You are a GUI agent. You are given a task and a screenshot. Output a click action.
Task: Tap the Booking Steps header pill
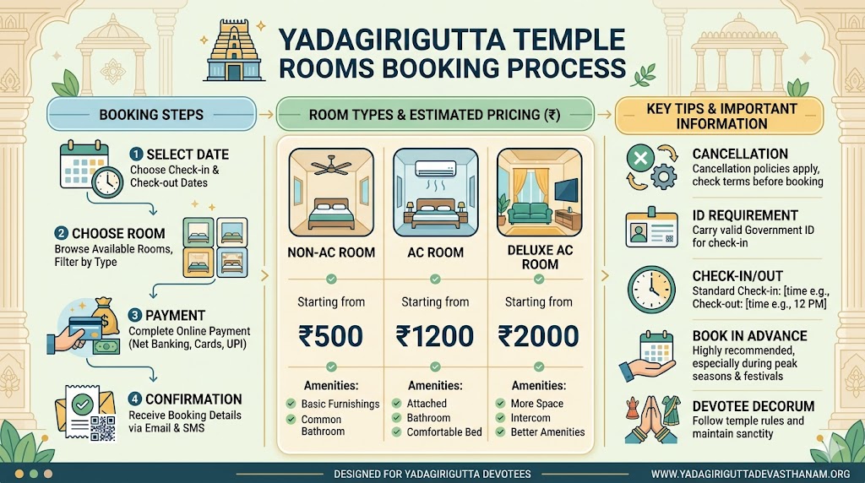coord(151,114)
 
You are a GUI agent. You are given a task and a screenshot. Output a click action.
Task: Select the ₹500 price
coord(331,335)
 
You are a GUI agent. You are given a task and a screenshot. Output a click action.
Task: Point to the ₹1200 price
coord(434,335)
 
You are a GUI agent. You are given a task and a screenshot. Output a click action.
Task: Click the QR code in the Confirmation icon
coord(102,429)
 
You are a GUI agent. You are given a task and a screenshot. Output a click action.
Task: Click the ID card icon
coord(651,229)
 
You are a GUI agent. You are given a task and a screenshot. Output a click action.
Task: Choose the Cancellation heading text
coord(739,154)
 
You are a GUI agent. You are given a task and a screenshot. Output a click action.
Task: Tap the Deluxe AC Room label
coord(541,258)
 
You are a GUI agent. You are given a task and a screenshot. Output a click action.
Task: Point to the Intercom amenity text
coord(530,418)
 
